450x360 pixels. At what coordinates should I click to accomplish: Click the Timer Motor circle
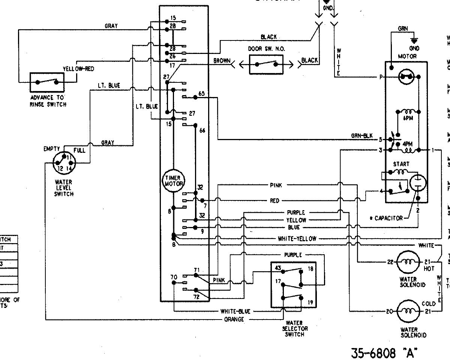click(x=173, y=181)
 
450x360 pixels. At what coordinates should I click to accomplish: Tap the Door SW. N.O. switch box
click(x=266, y=64)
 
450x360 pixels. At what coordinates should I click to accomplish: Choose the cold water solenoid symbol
click(x=408, y=311)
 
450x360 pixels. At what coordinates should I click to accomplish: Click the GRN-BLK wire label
click(x=361, y=136)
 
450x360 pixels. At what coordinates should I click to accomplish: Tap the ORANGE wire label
click(x=234, y=320)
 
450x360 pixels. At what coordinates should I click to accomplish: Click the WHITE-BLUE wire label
click(x=235, y=311)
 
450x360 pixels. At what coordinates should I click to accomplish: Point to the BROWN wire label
click(x=222, y=61)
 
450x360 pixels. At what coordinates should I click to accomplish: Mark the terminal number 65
click(x=201, y=94)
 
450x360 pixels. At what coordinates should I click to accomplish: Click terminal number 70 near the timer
click(x=174, y=278)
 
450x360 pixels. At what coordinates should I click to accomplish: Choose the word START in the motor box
click(x=401, y=164)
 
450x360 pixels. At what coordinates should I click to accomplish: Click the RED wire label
click(x=274, y=201)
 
